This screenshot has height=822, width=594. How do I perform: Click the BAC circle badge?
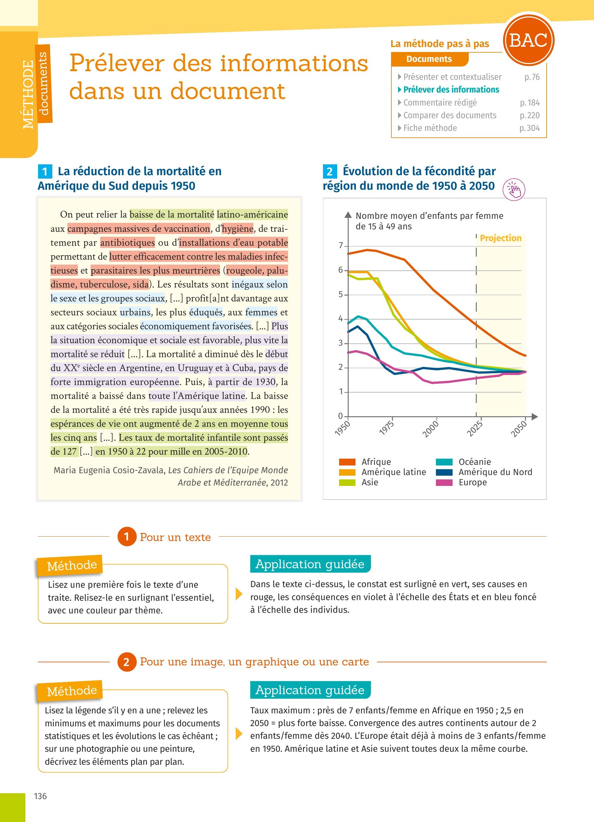click(528, 40)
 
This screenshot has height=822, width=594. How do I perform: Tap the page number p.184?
click(530, 103)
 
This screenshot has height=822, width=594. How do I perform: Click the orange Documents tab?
click(429, 59)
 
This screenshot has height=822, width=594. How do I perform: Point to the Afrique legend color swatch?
click(347, 462)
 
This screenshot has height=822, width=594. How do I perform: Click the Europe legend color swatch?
click(444, 482)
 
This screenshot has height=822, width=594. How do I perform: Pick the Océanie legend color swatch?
click(444, 462)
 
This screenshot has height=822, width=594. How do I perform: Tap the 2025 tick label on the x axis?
click(475, 429)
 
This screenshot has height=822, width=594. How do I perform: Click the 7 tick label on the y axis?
click(340, 246)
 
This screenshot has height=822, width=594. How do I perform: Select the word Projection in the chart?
click(501, 238)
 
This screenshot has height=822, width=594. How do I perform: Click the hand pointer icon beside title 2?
click(514, 189)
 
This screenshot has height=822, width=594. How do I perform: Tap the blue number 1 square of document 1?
click(45, 171)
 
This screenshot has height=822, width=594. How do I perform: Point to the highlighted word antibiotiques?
click(127, 242)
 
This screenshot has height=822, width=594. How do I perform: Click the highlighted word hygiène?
click(238, 229)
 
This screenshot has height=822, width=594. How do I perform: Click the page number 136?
click(40, 796)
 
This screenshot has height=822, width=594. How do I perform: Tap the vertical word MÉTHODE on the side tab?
click(28, 94)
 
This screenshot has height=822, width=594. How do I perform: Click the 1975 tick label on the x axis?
click(386, 428)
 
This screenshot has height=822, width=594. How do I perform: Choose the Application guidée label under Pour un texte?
click(310, 564)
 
